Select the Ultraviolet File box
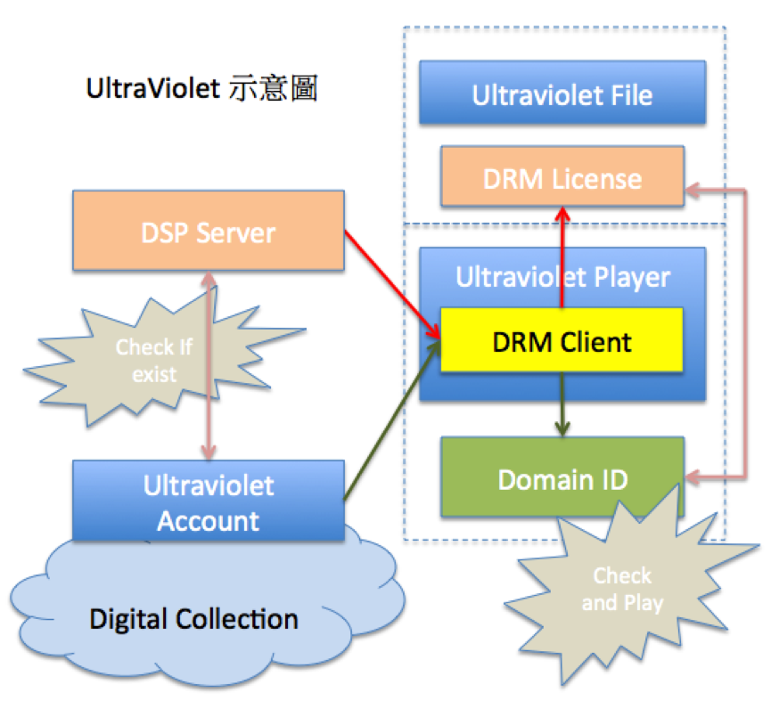tap(562, 94)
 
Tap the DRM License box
tap(562, 177)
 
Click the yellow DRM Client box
tap(562, 340)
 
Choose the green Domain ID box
tap(562, 478)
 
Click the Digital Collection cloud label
tap(194, 617)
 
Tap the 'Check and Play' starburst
tap(622, 589)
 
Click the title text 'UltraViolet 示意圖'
tap(201, 90)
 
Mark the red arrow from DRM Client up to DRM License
tap(562, 258)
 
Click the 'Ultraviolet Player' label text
tap(562, 278)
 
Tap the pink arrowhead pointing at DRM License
tap(693, 189)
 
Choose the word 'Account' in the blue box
tap(209, 519)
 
